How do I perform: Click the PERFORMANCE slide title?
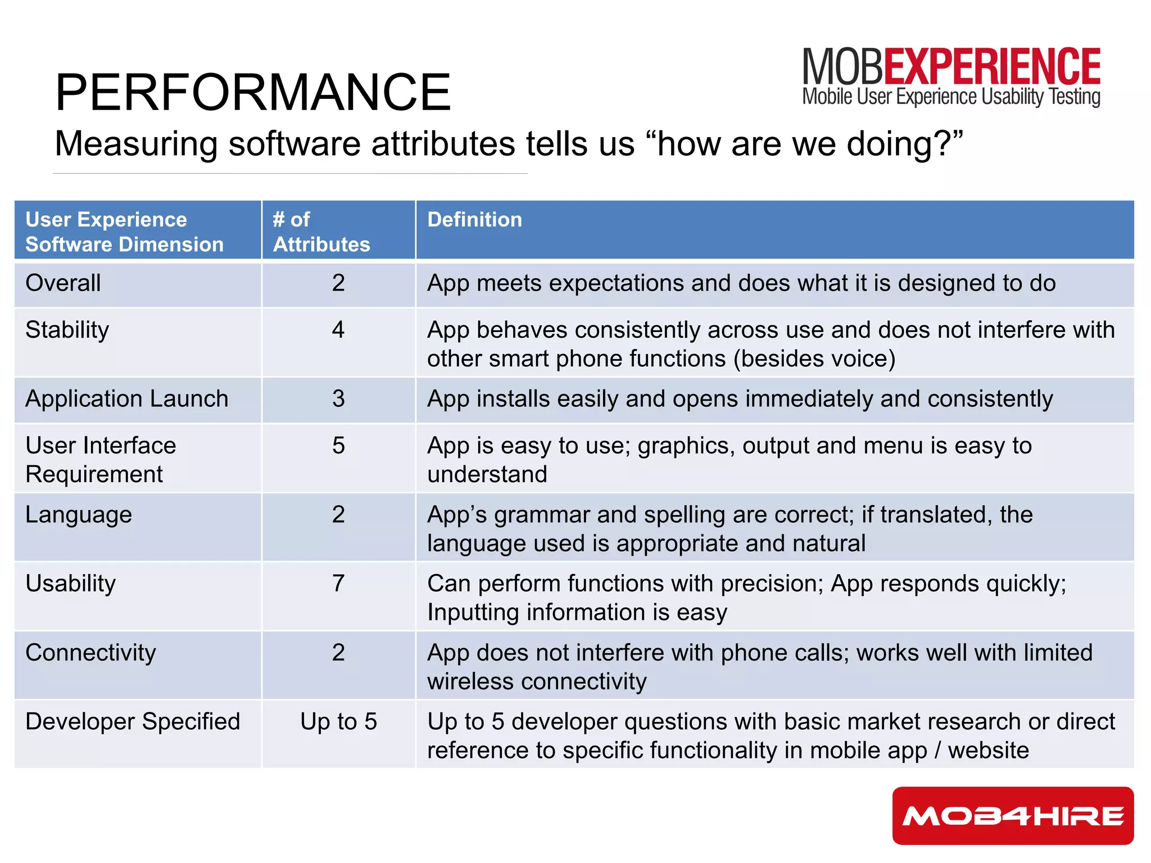[252, 93]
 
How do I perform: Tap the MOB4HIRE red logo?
[1013, 815]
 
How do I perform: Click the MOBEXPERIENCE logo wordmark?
[951, 67]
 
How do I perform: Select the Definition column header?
[474, 220]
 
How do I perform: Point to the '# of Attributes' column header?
[321, 231]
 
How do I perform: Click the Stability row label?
[67, 330]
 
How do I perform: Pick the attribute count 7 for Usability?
[338, 583]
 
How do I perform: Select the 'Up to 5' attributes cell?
[338, 721]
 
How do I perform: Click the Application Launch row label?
[127, 399]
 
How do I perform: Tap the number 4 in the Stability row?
[338, 330]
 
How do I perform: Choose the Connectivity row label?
[90, 653]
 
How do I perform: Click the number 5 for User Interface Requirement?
[338, 446]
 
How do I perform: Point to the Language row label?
[79, 515]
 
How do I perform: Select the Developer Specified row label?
[133, 721]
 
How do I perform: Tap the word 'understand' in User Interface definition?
[487, 474]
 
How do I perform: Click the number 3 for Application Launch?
[338, 399]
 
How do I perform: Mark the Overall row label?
[63, 283]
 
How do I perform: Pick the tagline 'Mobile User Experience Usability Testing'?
[951, 97]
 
